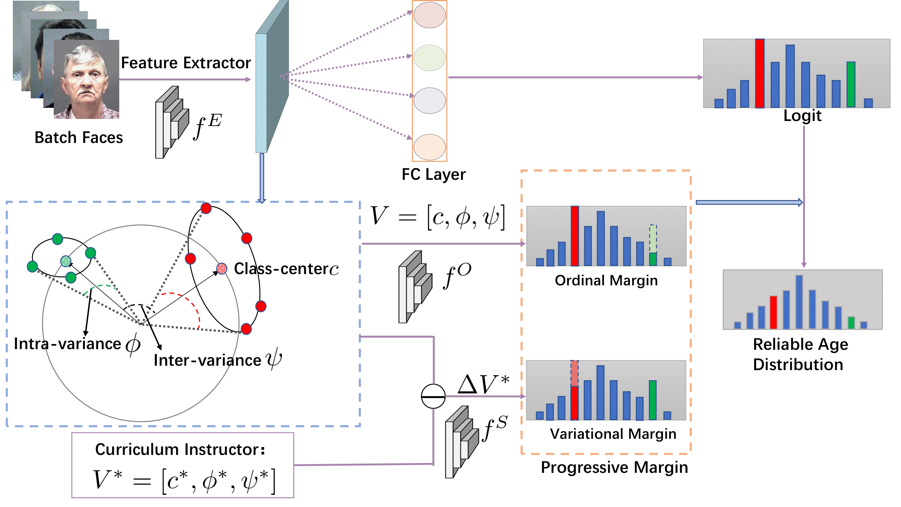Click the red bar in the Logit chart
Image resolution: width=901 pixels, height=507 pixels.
coord(760,73)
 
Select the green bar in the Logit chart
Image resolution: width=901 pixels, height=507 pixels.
coord(851,85)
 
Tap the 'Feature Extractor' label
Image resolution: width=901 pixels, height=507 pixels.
coord(186,63)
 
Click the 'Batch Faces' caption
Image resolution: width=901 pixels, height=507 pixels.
coord(79,138)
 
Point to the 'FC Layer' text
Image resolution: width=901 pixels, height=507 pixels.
coord(433,175)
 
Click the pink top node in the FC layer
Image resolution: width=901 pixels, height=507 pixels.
coord(429,15)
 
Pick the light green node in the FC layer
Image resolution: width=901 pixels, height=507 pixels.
coord(429,58)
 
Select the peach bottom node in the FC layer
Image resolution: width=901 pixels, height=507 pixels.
coord(429,147)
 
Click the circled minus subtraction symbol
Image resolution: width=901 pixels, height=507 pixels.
coord(433,396)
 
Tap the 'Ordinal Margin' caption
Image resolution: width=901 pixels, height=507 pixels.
coord(606,281)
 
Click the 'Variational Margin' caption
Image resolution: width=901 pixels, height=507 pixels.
coord(613,434)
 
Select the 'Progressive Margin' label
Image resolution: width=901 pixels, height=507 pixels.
coord(614,468)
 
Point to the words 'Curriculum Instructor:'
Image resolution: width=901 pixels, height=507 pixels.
coord(180,450)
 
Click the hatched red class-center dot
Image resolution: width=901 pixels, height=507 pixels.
coord(222,269)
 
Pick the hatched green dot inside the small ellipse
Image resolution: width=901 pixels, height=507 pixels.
coord(66,261)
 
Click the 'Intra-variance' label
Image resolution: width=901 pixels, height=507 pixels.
coord(67,344)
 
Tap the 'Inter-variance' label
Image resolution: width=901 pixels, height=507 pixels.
coord(207,361)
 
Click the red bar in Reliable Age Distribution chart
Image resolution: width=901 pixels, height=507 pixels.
coord(773,312)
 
